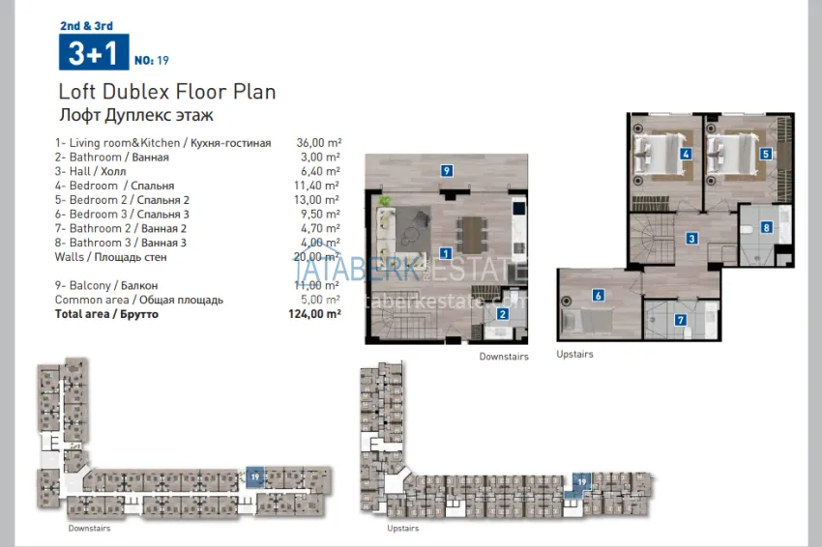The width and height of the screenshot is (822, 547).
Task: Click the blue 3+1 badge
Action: coord(93,52)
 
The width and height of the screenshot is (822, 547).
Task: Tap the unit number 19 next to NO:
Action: coord(162,60)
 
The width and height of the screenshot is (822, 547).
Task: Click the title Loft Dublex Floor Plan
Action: coord(167,93)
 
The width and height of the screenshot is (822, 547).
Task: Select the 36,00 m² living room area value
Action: coord(318,142)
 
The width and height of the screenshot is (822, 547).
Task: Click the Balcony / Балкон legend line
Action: coord(106,286)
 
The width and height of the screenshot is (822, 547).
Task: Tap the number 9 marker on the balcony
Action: coord(446,170)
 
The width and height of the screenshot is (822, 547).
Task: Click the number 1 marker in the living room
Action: coord(446,253)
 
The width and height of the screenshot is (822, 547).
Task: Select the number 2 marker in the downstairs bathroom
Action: coord(503,312)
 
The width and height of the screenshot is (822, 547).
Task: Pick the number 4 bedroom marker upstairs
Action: coord(685,154)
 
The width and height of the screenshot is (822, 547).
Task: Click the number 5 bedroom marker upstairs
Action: coord(765,154)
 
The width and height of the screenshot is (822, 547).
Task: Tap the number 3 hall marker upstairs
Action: coord(691,238)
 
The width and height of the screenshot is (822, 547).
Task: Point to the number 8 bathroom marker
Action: coord(766,228)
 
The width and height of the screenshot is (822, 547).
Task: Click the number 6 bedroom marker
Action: coord(599,296)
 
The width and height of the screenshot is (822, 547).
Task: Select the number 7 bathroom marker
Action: coord(680,320)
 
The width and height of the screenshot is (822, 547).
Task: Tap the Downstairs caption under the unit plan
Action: coord(504,357)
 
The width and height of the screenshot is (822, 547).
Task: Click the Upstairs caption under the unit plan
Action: coord(574,355)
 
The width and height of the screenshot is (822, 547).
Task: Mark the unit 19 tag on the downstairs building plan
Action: coord(254,476)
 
